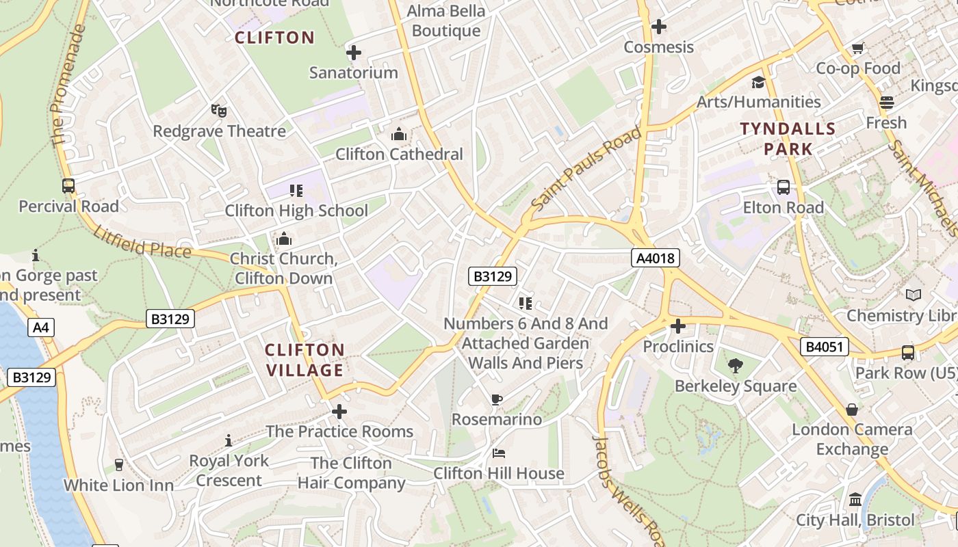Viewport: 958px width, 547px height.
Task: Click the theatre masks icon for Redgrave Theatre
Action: (218, 110)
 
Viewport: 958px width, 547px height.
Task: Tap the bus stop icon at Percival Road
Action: (68, 185)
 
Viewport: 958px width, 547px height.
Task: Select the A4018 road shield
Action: (656, 258)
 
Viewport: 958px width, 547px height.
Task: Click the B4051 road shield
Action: (825, 347)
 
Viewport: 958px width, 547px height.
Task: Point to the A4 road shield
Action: (41, 328)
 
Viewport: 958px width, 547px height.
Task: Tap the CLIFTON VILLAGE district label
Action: (305, 360)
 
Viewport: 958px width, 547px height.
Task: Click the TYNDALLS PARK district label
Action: (788, 139)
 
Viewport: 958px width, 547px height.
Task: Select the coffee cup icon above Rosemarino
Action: (497, 399)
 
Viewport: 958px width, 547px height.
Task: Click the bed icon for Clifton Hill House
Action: (499, 453)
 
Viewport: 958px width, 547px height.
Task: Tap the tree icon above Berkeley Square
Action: (736, 366)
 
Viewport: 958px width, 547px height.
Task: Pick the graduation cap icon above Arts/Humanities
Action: (758, 82)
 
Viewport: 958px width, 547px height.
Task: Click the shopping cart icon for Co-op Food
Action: (857, 48)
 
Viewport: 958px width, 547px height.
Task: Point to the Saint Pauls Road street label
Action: (586, 168)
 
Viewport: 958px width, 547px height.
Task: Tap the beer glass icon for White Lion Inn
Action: (119, 465)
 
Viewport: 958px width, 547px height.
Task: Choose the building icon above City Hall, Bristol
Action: (855, 500)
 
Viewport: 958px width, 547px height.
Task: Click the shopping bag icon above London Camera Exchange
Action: (852, 410)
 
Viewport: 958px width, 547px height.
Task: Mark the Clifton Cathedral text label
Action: (399, 155)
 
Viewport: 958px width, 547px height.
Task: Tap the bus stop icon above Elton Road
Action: (784, 187)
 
